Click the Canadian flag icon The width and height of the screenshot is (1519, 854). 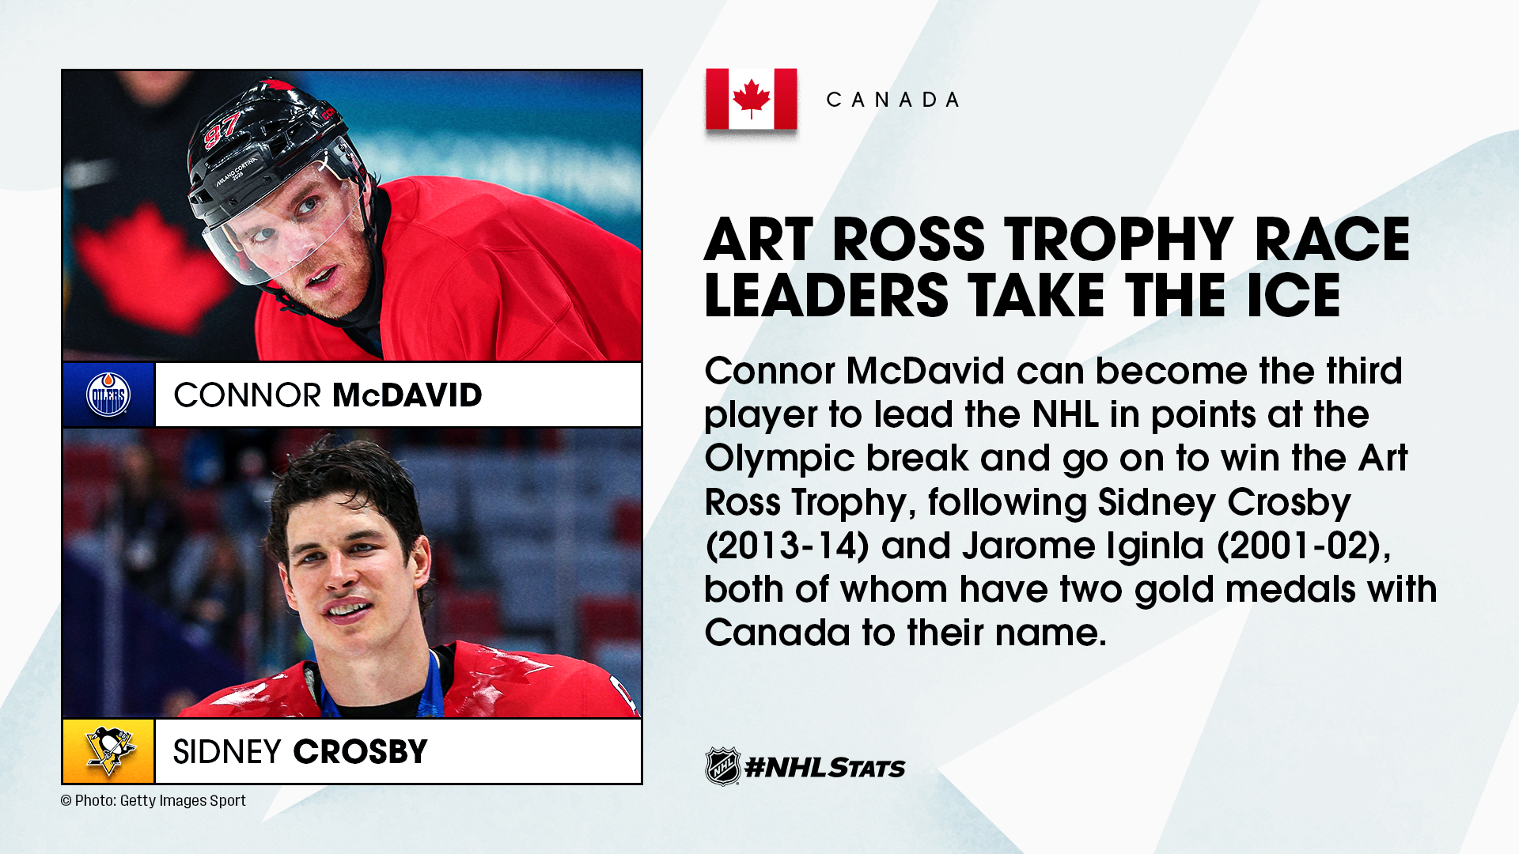click(x=751, y=99)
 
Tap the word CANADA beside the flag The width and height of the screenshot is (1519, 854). click(x=893, y=100)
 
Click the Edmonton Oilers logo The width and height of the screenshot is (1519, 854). click(x=108, y=395)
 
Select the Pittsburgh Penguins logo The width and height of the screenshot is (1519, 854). click(x=109, y=751)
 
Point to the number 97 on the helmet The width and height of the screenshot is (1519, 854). click(x=222, y=130)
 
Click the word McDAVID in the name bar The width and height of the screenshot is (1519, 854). click(x=407, y=395)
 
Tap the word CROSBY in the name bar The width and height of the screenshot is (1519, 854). click(x=361, y=752)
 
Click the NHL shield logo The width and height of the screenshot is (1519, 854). click(x=722, y=766)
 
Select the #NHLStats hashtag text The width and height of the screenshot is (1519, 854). click(x=825, y=767)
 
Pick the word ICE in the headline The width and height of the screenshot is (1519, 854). click(x=1294, y=296)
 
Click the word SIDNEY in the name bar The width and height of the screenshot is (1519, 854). click(x=227, y=752)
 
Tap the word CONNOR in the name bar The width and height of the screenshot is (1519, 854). click(x=247, y=395)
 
